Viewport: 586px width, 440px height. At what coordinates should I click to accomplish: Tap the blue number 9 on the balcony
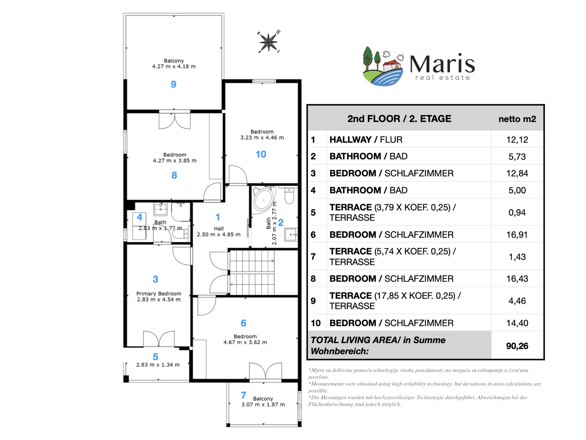[x=173, y=84]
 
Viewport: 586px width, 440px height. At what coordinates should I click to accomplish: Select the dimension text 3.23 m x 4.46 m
[x=262, y=138]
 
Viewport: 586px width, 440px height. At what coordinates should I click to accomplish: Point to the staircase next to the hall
[x=252, y=272]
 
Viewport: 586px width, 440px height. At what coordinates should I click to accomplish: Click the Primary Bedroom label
[x=159, y=294]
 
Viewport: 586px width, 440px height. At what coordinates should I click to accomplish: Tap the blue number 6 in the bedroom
[x=244, y=323]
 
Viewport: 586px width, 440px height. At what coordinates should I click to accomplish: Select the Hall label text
[x=219, y=229]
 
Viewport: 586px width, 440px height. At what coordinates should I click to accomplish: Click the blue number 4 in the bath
[x=140, y=217]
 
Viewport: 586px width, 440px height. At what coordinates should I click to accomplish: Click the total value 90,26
[x=517, y=346]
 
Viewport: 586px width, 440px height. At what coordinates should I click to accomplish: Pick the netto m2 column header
[x=517, y=119]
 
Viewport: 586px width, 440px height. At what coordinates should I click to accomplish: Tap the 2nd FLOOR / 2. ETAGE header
[x=399, y=119]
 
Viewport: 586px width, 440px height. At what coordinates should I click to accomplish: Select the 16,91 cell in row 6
[x=517, y=235]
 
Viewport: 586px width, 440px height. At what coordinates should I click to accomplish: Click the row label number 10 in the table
[x=316, y=323]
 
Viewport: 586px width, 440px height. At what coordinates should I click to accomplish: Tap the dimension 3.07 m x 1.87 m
[x=263, y=405]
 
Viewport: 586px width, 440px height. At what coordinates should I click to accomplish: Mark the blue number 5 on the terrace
[x=155, y=357]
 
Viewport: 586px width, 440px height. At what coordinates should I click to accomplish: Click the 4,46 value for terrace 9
[x=517, y=301]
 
